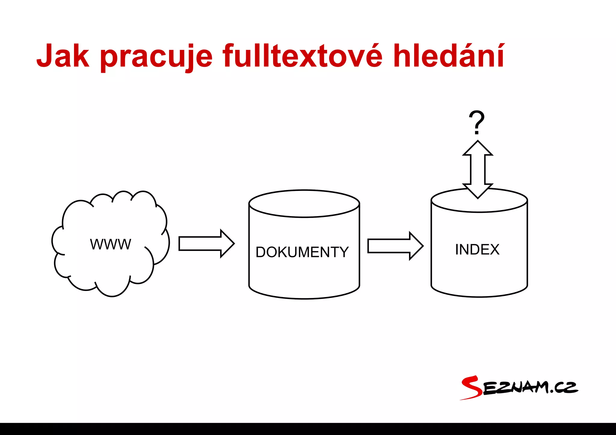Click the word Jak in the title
tap(63, 56)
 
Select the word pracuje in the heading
tap(156, 57)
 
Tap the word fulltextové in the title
tap(302, 56)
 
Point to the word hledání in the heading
tap(449, 56)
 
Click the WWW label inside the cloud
tap(111, 244)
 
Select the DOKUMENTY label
tap(302, 252)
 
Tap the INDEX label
tap(477, 250)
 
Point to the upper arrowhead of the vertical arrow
tap(478, 149)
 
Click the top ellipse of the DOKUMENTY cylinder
tap(304, 204)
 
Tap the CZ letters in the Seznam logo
tap(565, 388)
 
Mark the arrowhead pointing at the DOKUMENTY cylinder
tap(227, 244)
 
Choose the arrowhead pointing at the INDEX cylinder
tap(416, 246)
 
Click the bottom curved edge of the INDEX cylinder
tap(479, 296)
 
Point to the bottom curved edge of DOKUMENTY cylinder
tap(304, 298)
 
